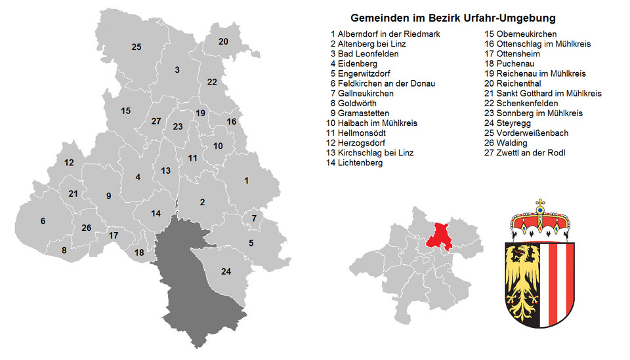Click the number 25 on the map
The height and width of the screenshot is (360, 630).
(x=136, y=47)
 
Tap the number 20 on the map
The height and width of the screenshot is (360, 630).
(x=223, y=41)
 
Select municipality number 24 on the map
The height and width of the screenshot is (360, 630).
(x=226, y=271)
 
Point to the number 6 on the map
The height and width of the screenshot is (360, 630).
(x=43, y=221)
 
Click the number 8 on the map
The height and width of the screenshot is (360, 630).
(x=64, y=250)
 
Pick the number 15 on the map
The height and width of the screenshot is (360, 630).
(x=125, y=111)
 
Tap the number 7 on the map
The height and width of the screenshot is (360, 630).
(x=253, y=218)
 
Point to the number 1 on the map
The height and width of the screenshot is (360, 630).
(x=246, y=180)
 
